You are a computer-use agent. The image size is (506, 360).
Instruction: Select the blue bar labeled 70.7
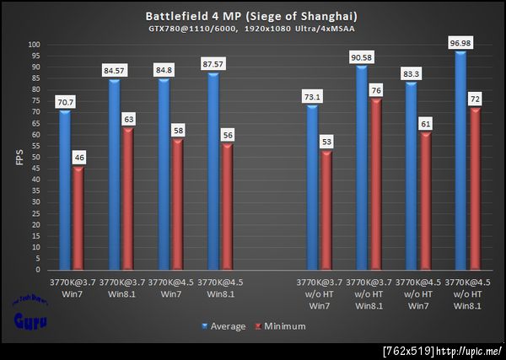click(65, 190)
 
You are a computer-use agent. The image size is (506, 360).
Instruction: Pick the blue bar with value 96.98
click(460, 160)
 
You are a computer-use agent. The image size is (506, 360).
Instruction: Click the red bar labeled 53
click(326, 210)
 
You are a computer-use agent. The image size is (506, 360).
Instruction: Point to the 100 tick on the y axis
click(34, 45)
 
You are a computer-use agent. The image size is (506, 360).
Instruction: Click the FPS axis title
click(19, 158)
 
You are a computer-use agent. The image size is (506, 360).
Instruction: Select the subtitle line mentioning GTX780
click(252, 29)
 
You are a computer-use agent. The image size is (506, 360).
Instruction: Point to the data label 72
click(474, 99)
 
